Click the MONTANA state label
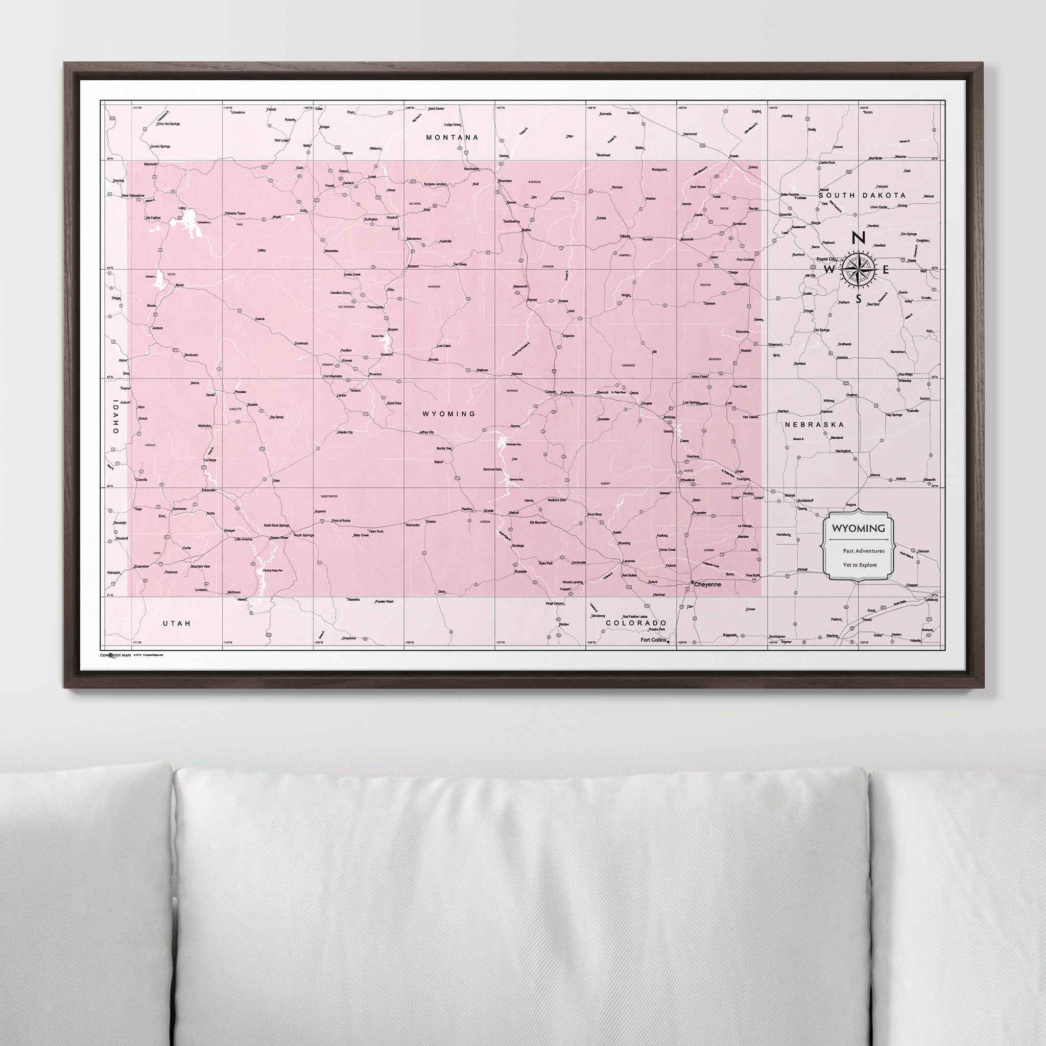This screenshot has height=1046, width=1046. pos(452,137)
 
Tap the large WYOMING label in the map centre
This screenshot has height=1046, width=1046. pos(449,414)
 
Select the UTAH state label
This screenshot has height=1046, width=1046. pos(177,623)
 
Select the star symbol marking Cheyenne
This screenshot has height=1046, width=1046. pos(693,583)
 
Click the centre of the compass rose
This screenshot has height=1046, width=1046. pos(859,268)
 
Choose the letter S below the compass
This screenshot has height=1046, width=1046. pos(859,299)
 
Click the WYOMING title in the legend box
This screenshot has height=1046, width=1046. pos(854,528)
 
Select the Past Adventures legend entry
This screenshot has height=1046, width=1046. pos(863,551)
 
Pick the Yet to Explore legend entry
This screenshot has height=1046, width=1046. pos(859,565)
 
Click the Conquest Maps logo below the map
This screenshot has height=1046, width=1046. pos(115,655)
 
